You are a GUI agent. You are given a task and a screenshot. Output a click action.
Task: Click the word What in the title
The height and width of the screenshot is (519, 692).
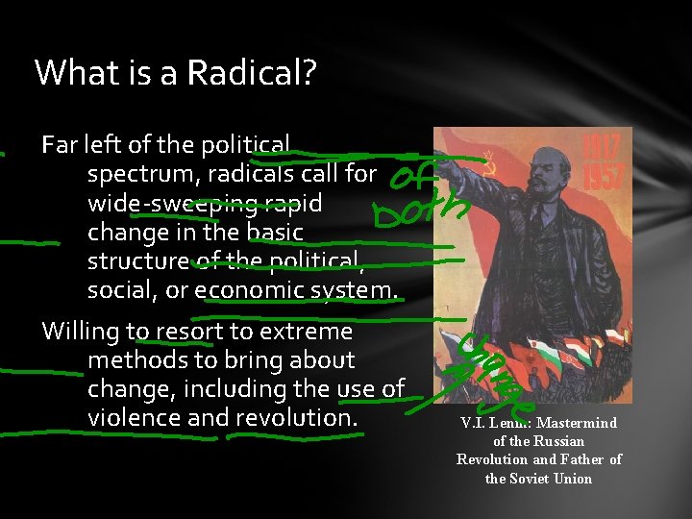[x=70, y=73]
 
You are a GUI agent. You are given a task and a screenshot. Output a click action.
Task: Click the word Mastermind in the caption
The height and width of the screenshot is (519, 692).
[x=577, y=423]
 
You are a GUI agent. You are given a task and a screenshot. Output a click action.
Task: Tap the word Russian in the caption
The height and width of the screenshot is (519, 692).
[x=558, y=441]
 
